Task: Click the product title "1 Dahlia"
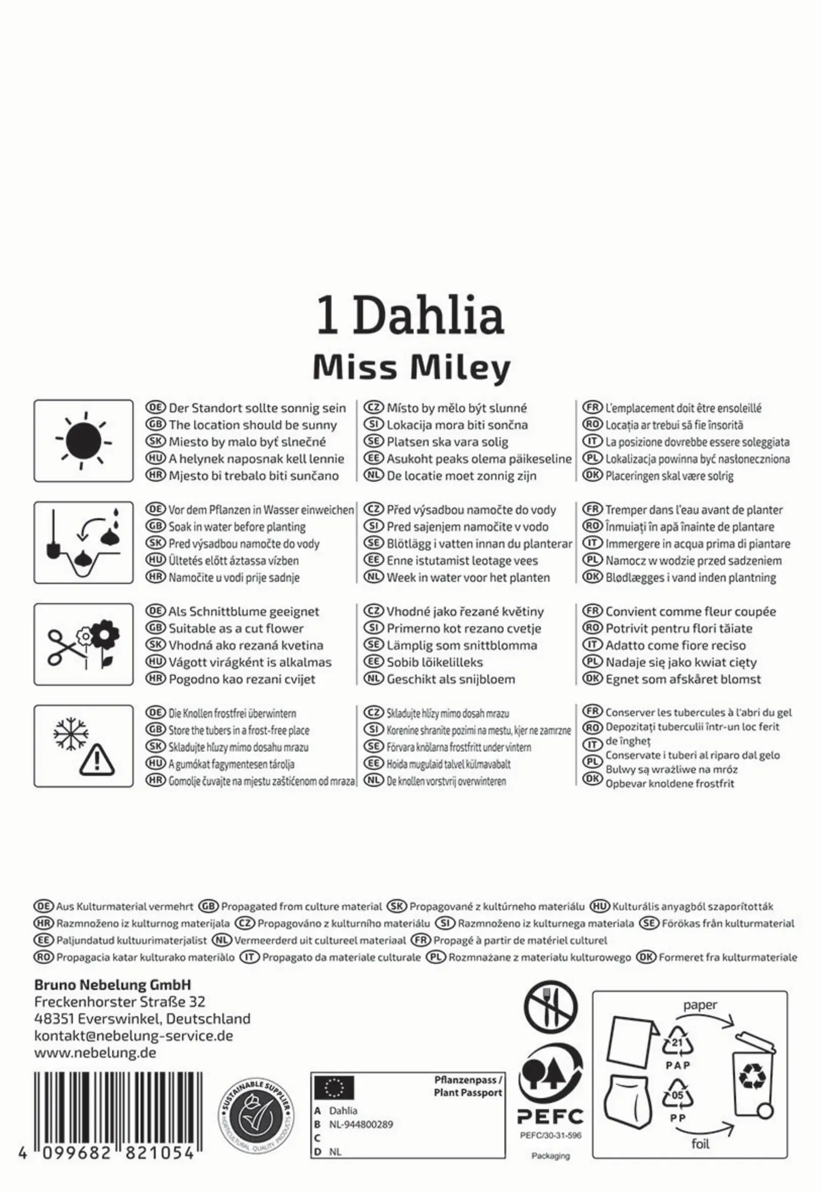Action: (x=410, y=316)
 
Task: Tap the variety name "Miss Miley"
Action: (x=411, y=367)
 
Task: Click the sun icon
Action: (x=84, y=441)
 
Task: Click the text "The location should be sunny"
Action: (x=253, y=425)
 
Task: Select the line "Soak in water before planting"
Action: (x=237, y=527)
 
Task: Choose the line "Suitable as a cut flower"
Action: (x=236, y=628)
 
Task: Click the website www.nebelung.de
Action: (x=95, y=1053)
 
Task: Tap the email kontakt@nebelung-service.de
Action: (x=133, y=1036)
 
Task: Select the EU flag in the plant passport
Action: (x=334, y=1087)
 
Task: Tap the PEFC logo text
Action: (x=550, y=1117)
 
